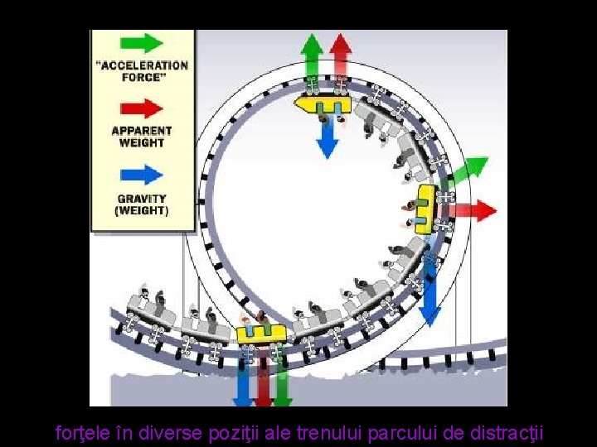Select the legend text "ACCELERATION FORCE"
tap(143, 71)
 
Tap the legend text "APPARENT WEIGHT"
tap(142, 137)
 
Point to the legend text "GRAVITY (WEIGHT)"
tap(142, 204)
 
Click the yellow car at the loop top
tap(323, 105)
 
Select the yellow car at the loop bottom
tap(261, 334)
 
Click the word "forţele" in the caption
tap(82, 432)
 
